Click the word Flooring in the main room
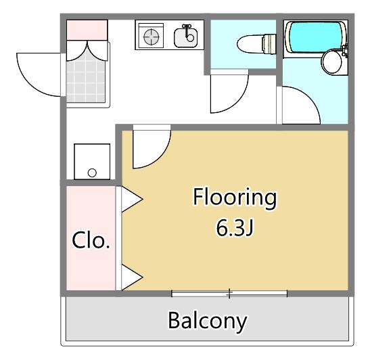point(235,198)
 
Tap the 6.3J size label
point(235,229)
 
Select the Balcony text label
point(208,320)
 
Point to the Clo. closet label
point(91,240)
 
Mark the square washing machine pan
point(92,161)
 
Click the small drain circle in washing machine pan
point(92,173)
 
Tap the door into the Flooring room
point(150,148)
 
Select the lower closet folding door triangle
point(131,276)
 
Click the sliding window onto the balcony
point(229,294)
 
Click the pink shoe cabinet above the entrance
point(87,30)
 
